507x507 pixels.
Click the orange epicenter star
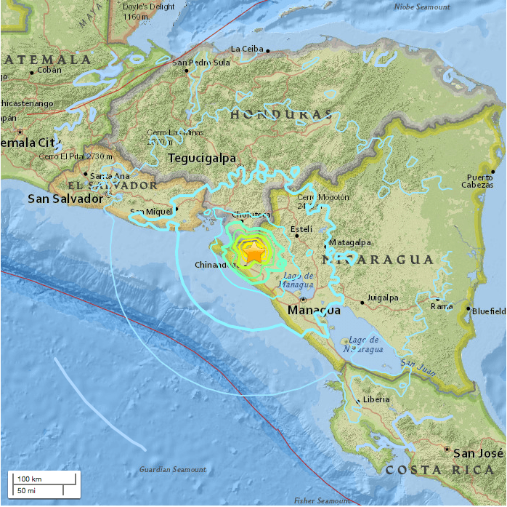254,253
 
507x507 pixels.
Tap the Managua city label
314,311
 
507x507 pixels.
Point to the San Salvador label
64,199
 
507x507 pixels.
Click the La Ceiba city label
246,49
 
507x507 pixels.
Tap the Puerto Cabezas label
482,181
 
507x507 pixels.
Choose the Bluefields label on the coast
489,311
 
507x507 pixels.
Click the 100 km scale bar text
30,479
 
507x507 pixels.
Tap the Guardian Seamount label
173,469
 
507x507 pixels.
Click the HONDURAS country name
280,115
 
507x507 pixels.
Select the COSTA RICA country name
441,471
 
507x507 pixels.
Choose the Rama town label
442,306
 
